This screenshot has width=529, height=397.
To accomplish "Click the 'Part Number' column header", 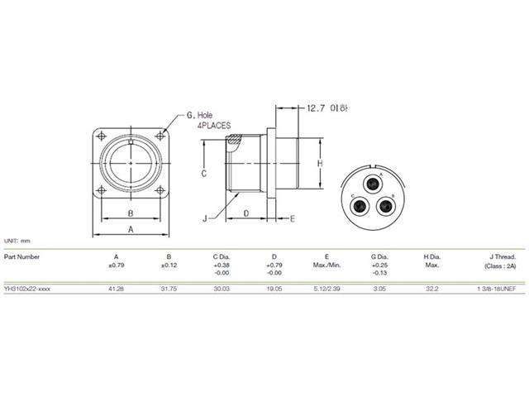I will (x=22, y=256).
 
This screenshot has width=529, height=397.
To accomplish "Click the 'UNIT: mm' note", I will (x=17, y=240).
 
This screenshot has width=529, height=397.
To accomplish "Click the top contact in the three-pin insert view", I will (x=373, y=180).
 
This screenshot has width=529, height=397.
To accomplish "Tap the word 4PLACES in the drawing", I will (x=213, y=126).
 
